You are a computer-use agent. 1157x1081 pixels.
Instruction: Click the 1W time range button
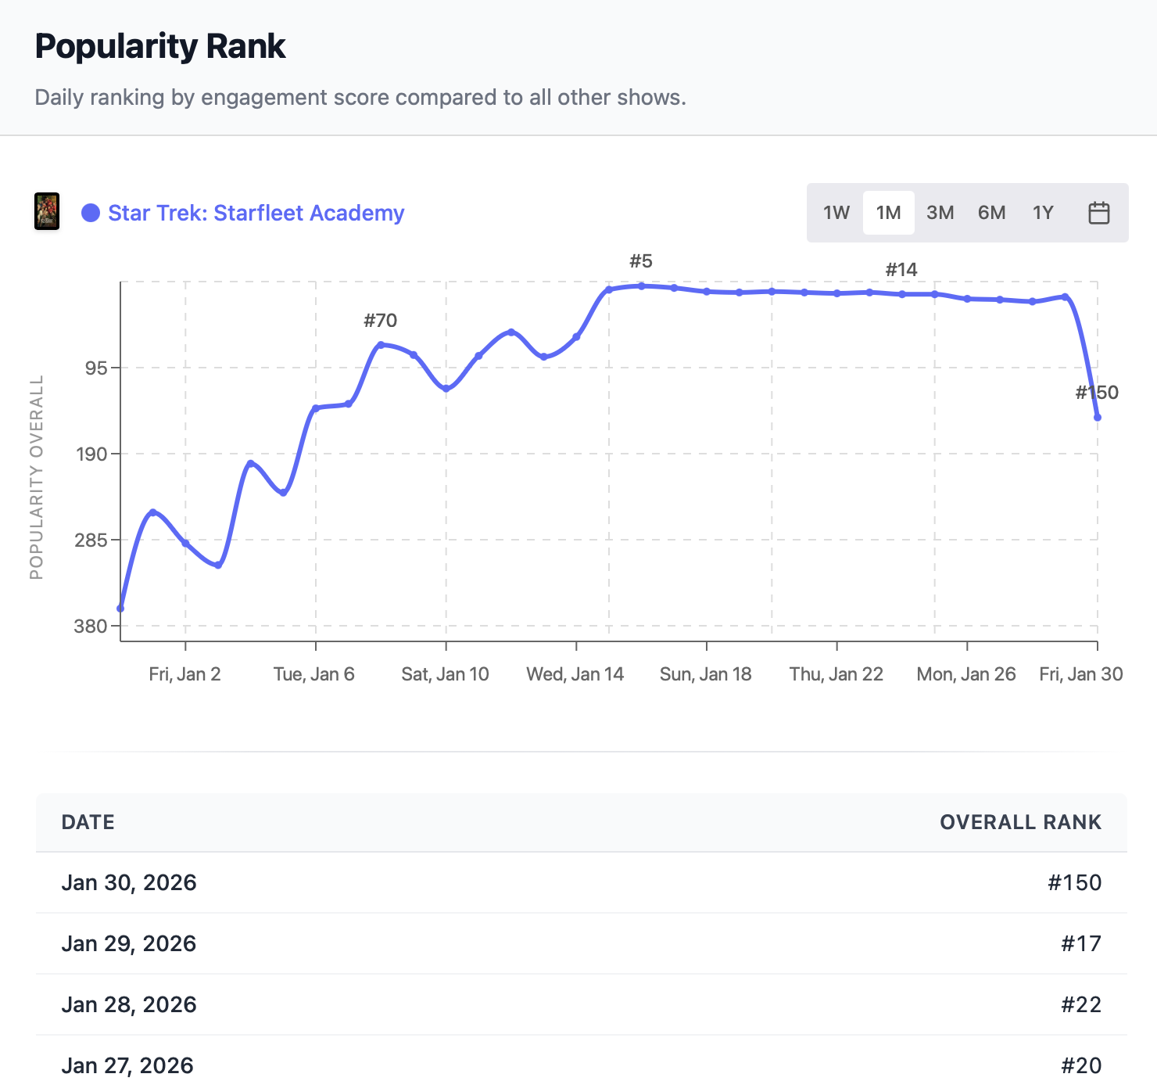[x=836, y=213]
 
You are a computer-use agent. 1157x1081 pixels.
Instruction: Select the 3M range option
[x=940, y=213]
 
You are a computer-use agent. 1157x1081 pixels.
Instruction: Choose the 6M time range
[x=991, y=213]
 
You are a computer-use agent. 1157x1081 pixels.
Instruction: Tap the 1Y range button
[x=1043, y=213]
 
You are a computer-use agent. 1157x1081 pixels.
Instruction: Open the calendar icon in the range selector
[x=1098, y=213]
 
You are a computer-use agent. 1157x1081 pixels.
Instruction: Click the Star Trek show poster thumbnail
[x=47, y=212]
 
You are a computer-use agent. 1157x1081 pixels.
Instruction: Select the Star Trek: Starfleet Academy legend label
[x=256, y=213]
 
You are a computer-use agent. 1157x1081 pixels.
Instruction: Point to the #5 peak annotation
[x=641, y=261]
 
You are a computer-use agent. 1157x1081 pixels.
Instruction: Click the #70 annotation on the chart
[x=381, y=321]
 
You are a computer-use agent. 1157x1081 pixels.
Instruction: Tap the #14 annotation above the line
[x=901, y=270]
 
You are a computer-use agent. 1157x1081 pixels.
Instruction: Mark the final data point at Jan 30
[x=1098, y=418]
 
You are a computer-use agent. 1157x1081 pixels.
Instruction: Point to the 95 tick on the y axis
[x=97, y=368]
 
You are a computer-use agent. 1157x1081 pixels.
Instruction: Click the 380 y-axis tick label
[x=91, y=626]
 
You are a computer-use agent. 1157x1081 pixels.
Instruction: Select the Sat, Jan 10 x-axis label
[x=445, y=674]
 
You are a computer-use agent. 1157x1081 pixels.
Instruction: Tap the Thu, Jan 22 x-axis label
[x=836, y=674]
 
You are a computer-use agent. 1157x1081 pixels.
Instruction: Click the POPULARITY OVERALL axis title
[x=36, y=477]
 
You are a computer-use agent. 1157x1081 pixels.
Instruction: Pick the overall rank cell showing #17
[x=1080, y=943]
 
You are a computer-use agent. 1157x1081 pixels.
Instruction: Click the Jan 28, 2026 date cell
[x=129, y=1004]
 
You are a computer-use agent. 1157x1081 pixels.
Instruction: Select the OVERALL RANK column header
[x=1020, y=822]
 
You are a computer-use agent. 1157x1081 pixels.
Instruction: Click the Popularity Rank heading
[x=160, y=46]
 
